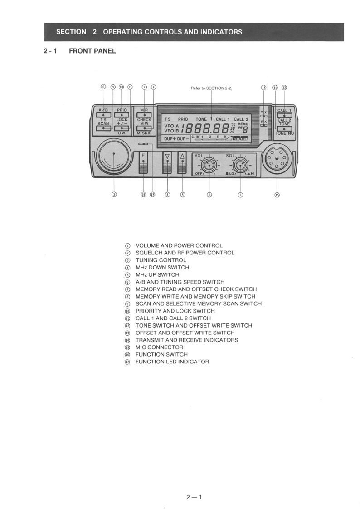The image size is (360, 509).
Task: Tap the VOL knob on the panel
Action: [x=209, y=164]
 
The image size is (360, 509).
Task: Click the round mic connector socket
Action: [x=276, y=159]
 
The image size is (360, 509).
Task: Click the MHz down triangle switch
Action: [x=168, y=162]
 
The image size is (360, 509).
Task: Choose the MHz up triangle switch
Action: [x=183, y=162]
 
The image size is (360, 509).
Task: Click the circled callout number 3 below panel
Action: [x=114, y=195]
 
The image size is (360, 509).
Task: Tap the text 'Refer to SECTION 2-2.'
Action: [x=211, y=88]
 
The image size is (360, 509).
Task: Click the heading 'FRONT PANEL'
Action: [x=92, y=51]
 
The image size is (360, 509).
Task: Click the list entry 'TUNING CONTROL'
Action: [x=161, y=260]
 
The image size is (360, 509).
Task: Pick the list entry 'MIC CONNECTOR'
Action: [x=159, y=347]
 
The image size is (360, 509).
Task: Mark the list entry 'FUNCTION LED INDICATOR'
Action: [x=172, y=362]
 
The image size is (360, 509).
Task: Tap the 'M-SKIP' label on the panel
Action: [x=144, y=133]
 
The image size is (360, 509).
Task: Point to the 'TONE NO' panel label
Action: [x=284, y=133]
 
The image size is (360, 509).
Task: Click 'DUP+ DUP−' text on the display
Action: [x=175, y=138]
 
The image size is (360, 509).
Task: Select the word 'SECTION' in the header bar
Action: [x=71, y=32]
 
